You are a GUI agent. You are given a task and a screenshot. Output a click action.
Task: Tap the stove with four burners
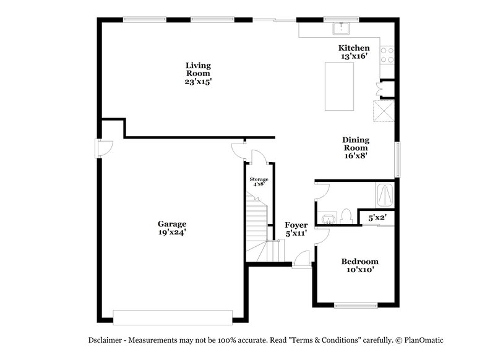(x=388, y=55)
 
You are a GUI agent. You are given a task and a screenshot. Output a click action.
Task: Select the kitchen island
(x=340, y=86)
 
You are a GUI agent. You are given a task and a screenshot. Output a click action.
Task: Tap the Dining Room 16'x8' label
(x=355, y=148)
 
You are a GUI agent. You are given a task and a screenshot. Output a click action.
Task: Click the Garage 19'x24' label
(x=171, y=228)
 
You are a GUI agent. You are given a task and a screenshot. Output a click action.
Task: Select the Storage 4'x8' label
(x=259, y=181)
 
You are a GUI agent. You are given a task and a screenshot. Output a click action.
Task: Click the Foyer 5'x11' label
(x=296, y=229)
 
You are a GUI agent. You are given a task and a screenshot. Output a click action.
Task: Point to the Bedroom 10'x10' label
(x=360, y=265)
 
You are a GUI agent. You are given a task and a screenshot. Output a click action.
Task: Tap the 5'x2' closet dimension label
(x=377, y=218)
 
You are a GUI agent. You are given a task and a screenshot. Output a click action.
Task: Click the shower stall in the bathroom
(x=385, y=195)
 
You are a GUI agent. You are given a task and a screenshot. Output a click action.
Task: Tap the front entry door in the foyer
(x=301, y=260)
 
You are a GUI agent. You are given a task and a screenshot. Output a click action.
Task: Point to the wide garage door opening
(x=173, y=317)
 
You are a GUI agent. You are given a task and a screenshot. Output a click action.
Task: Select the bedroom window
(x=356, y=305)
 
